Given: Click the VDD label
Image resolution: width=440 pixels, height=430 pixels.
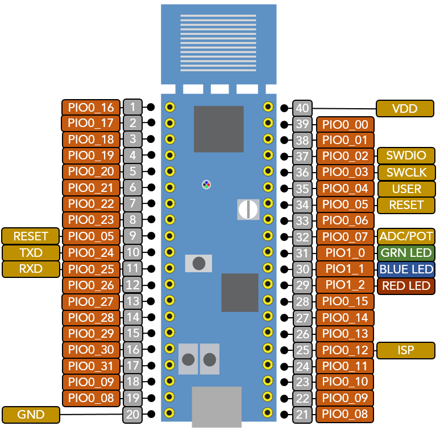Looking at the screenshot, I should [x=405, y=108].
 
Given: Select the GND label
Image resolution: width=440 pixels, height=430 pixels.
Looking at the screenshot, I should [x=31, y=414].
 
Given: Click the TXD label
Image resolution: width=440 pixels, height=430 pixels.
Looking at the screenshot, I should [x=31, y=252].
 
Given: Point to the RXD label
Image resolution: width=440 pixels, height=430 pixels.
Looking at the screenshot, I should [x=31, y=268].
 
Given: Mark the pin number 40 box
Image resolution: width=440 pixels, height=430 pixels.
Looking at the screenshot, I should [x=302, y=108].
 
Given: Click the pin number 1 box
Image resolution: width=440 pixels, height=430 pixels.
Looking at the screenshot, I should [x=132, y=107].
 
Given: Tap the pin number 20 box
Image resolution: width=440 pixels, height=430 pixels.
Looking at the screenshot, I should [x=132, y=414].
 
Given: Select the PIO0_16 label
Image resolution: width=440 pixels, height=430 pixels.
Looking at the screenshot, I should [x=91, y=107].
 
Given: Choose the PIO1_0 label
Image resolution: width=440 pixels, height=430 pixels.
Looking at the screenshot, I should [x=345, y=253].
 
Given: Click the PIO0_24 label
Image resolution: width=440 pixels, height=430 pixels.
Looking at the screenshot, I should [x=91, y=252].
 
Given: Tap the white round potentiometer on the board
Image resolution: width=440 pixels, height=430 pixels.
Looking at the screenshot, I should [x=248, y=209].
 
